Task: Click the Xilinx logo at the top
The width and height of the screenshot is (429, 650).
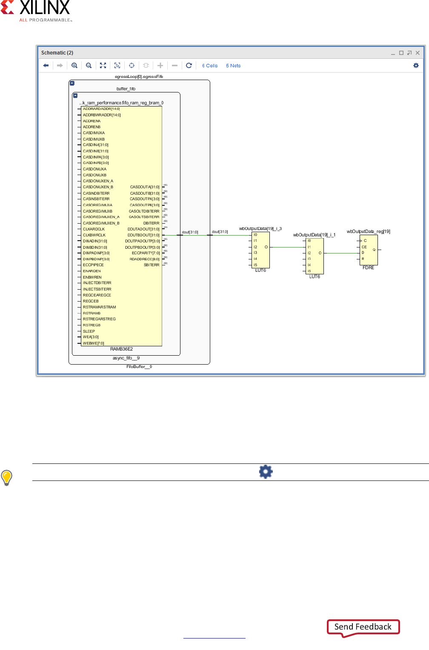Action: pyautogui.click(x=36, y=11)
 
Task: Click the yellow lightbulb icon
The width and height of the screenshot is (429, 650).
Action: pyautogui.click(x=7, y=477)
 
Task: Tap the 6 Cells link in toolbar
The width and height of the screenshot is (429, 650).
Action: pyautogui.click(x=210, y=66)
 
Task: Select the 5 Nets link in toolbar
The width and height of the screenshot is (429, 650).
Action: pyautogui.click(x=233, y=66)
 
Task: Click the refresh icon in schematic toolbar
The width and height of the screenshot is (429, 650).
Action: pyautogui.click(x=189, y=66)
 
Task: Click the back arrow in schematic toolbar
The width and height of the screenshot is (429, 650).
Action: pyautogui.click(x=46, y=66)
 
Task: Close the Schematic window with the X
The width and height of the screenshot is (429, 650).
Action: pyautogui.click(x=418, y=53)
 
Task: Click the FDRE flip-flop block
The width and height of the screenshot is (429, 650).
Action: pyautogui.click(x=369, y=250)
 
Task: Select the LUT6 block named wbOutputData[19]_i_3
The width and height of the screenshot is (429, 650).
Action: pyautogui.click(x=261, y=250)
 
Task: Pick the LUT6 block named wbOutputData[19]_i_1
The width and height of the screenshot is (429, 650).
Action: pyautogui.click(x=315, y=256)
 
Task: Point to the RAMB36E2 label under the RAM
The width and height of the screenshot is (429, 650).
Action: pyautogui.click(x=122, y=349)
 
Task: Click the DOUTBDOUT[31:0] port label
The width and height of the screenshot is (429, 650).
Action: pyautogui.click(x=143, y=235)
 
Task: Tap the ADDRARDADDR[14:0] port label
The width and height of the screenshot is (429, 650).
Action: pyautogui.click(x=101, y=109)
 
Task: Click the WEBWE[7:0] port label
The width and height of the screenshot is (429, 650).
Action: pyautogui.click(x=93, y=343)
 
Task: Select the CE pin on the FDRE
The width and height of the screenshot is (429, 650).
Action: pyautogui.click(x=364, y=247)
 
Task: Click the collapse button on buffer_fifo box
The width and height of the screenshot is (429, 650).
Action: pyautogui.click(x=75, y=96)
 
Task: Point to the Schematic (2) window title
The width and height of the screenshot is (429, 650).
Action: pyautogui.click(x=57, y=53)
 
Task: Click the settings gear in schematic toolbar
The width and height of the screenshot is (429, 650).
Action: pyautogui.click(x=416, y=66)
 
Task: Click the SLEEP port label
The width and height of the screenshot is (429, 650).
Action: pyautogui.click(x=89, y=331)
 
